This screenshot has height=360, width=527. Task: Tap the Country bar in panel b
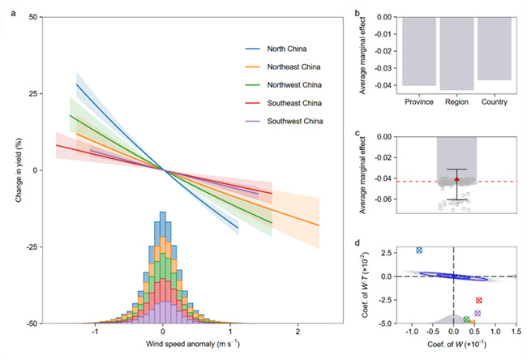pos(495,48)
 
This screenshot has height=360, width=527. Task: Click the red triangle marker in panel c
pos(457,178)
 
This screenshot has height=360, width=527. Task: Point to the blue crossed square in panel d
pos(419,251)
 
